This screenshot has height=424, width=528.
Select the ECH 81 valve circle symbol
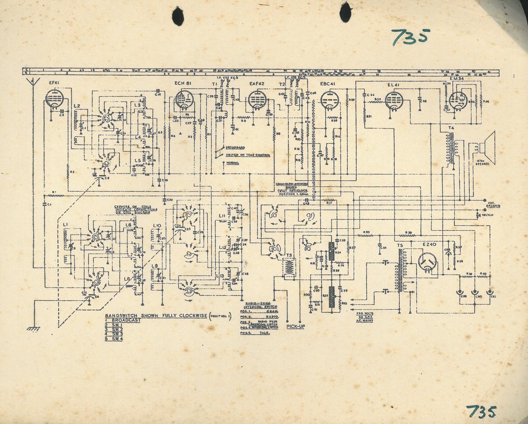point(184,99)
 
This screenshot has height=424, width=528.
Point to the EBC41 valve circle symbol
point(329,100)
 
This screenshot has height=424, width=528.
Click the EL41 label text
point(393,83)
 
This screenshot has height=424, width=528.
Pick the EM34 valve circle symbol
point(457,100)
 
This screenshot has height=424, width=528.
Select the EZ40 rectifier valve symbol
point(427,262)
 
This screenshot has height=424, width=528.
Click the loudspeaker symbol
point(485,148)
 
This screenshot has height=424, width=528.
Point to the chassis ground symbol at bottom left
point(34,328)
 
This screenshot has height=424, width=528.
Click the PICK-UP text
point(295,327)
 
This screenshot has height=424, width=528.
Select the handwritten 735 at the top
point(410,37)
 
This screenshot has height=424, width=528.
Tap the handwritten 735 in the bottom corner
point(481,412)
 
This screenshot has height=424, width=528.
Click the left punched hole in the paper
point(178,16)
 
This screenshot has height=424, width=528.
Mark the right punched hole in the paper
point(345,11)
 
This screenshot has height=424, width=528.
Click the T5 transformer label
point(400,245)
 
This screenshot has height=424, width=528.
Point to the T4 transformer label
point(451,127)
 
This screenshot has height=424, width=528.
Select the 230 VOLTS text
point(365,312)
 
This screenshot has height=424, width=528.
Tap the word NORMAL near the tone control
point(232,163)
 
